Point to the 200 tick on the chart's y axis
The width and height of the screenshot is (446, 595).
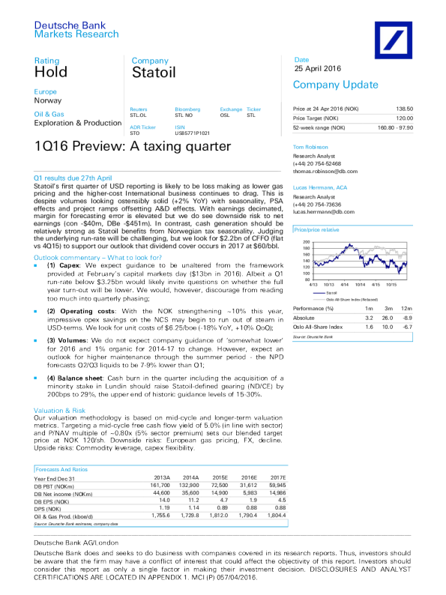click(306, 222)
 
